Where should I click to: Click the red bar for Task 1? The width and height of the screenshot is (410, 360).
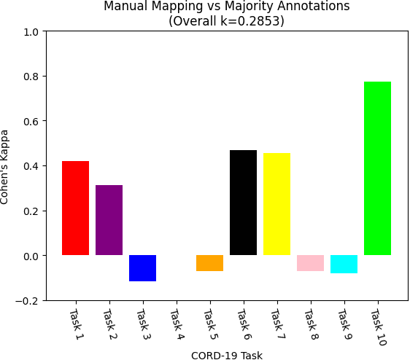[75, 208]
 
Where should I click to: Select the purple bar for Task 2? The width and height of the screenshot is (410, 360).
[109, 220]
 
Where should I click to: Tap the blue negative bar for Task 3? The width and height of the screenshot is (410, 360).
[142, 268]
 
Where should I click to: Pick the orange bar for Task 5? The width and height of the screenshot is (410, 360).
[209, 263]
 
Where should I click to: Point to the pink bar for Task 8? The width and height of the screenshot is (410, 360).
[310, 263]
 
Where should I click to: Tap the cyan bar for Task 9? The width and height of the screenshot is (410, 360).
[344, 264]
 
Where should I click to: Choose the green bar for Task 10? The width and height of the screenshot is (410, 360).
[377, 168]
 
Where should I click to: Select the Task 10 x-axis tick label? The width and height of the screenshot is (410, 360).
[377, 327]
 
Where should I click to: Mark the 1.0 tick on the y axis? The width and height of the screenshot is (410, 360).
[32, 32]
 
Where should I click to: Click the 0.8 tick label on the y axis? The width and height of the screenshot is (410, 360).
[32, 77]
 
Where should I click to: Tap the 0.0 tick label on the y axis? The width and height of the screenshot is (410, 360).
[32, 256]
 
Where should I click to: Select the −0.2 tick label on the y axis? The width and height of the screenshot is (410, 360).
[29, 300]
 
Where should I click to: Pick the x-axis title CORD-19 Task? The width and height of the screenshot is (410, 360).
[226, 355]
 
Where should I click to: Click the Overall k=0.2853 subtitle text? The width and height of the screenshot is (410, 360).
[226, 21]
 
